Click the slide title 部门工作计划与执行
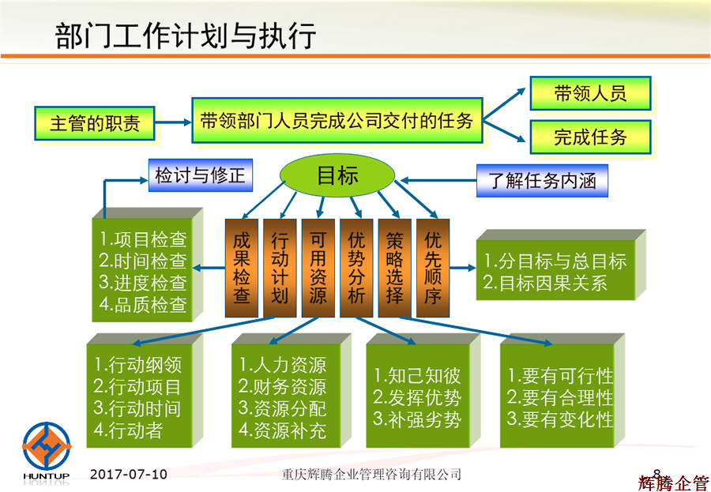coord(186,36)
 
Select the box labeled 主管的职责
coord(95,124)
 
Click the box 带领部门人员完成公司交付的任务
coord(337,121)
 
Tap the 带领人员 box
coord(590,94)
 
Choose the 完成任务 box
coord(590,137)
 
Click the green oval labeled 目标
coord(337,176)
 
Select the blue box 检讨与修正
coord(200,176)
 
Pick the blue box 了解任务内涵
coord(542,182)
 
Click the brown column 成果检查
coord(242,268)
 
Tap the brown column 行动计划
coord(280,268)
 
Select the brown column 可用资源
coord(318,268)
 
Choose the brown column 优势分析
coord(356,268)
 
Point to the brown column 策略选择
coord(394,268)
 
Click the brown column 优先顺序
coord(433,268)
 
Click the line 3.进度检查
coord(143,283)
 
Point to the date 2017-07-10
coord(129,474)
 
